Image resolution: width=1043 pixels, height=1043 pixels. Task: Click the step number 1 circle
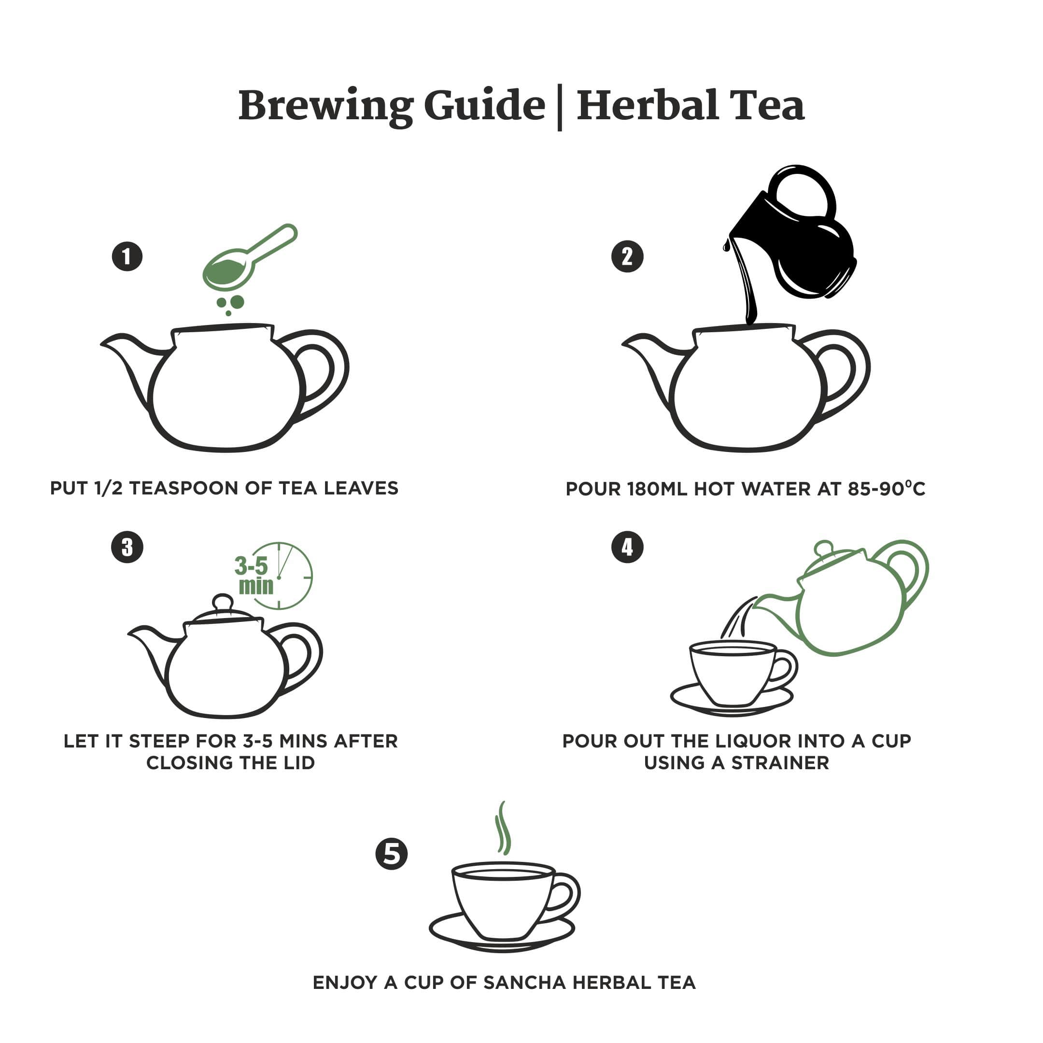[x=127, y=256]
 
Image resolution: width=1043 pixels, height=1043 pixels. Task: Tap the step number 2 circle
[x=627, y=256]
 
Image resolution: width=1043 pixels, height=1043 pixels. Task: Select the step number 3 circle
[x=127, y=548]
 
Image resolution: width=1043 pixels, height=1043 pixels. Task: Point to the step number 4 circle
[x=627, y=548]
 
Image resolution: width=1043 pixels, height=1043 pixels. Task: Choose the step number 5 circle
[x=392, y=854]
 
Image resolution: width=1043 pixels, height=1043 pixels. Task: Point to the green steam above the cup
[x=503, y=829]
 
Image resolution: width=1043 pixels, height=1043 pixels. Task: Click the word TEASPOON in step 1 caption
[x=185, y=488]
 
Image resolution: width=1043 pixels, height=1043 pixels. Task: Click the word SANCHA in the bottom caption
[x=524, y=983]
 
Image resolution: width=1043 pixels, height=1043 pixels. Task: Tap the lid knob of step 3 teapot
[x=223, y=601]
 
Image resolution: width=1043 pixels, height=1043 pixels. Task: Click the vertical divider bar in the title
[x=560, y=107]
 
